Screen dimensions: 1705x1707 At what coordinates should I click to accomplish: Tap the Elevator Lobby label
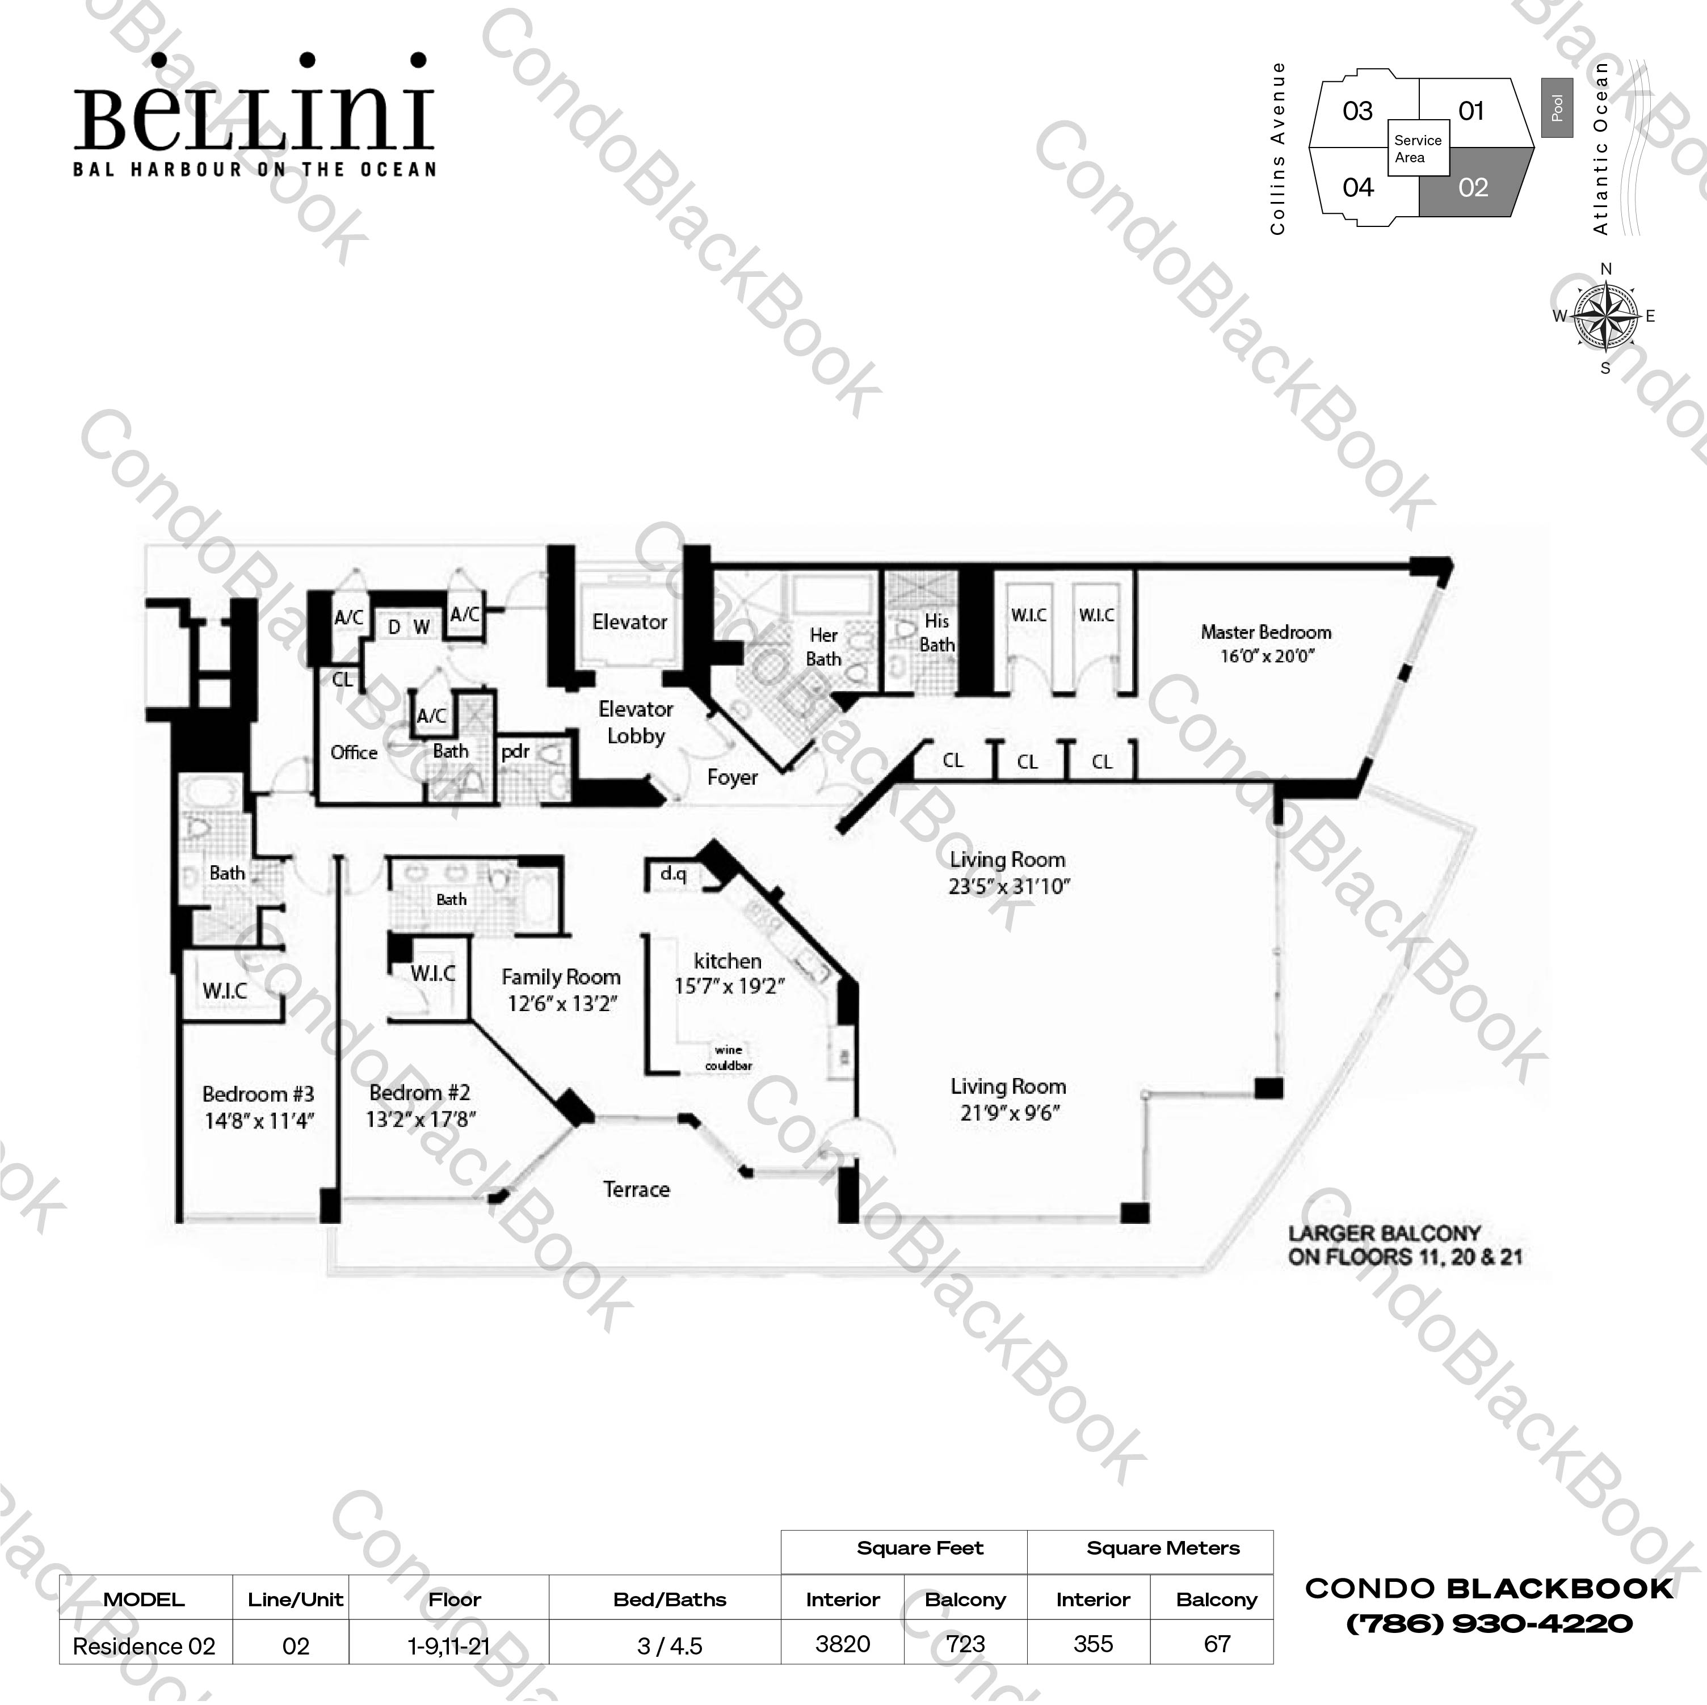click(635, 722)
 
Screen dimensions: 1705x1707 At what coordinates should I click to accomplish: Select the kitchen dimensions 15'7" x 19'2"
click(729, 986)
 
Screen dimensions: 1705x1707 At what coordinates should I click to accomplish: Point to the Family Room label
click(561, 977)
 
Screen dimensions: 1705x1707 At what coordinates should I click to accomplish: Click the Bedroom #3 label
click(258, 1094)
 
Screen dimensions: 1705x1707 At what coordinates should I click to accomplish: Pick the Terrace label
click(636, 1189)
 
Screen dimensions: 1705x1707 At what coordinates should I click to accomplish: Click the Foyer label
click(733, 777)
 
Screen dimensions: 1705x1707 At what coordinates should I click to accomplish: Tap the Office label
click(354, 753)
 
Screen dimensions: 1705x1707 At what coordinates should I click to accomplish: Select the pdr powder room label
click(515, 752)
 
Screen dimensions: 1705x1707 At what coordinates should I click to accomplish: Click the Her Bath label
click(823, 647)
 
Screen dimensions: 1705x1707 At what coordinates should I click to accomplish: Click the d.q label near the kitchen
click(673, 874)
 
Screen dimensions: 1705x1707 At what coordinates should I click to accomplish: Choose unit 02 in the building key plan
click(1473, 187)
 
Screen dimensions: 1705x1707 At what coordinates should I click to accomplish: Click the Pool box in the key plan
click(1557, 108)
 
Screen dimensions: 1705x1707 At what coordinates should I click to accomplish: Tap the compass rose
click(1605, 315)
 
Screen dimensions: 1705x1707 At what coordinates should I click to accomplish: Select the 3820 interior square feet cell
click(842, 1644)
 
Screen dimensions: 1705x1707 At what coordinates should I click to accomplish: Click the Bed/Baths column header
click(669, 1599)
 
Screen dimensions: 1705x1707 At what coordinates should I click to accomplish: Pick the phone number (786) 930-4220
click(1489, 1624)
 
